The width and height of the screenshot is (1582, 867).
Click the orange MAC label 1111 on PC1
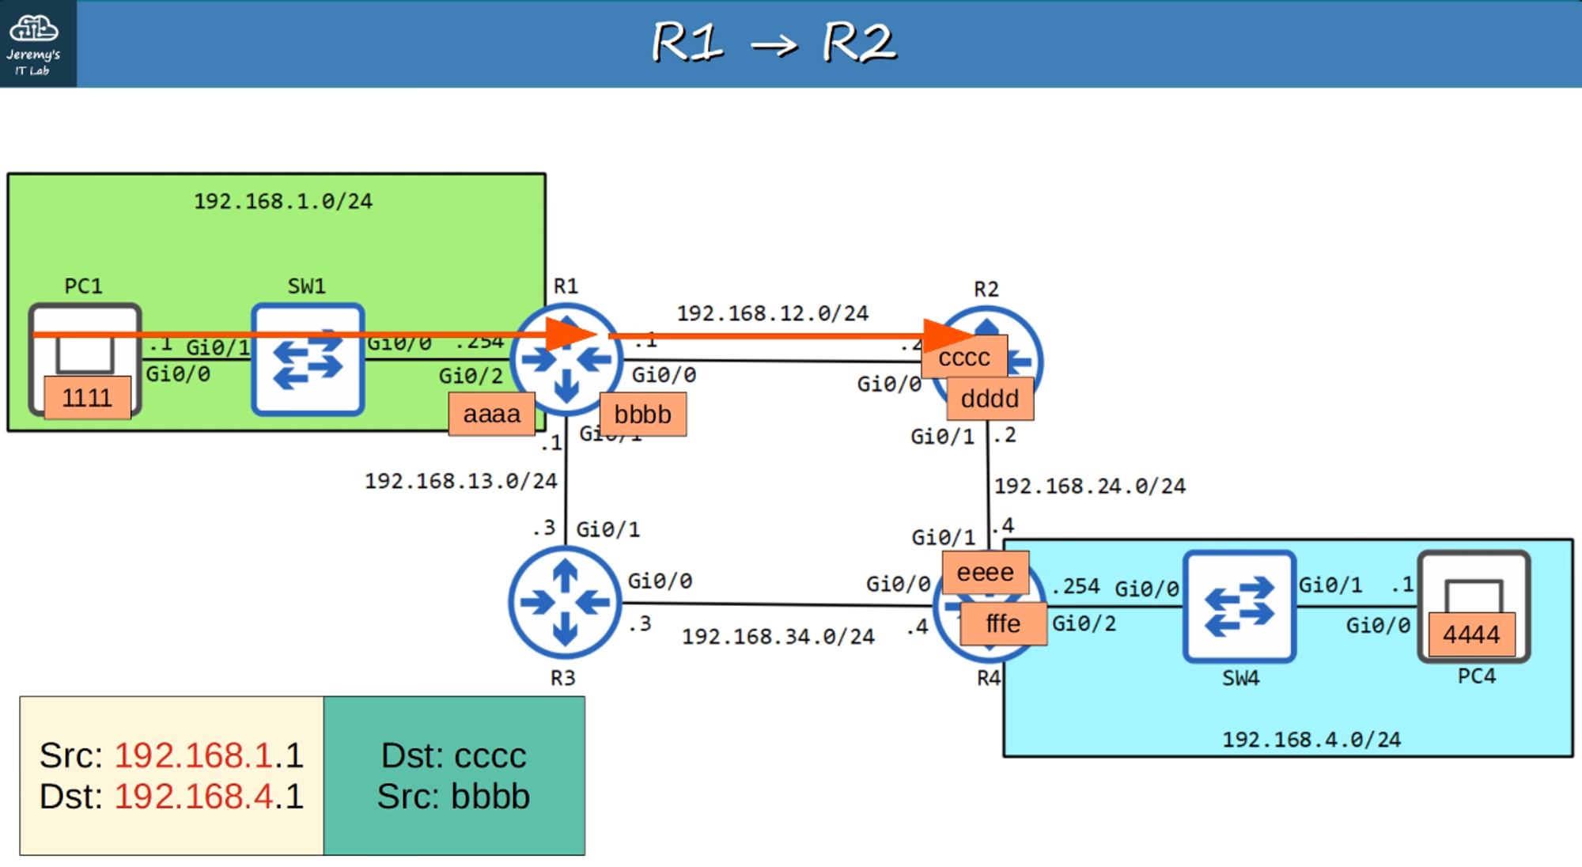coord(87,397)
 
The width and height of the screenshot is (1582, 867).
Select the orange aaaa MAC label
coord(491,414)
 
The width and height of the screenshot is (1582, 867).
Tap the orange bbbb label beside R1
coord(642,415)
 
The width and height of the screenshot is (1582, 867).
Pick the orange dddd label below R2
coord(990,399)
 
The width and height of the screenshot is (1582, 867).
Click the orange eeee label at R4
coord(985,572)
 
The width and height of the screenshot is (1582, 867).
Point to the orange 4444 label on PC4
coord(1470,634)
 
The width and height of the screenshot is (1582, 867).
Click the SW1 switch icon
coord(308,360)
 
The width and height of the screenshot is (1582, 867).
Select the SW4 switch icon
coord(1239,607)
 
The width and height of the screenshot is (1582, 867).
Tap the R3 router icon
coord(565,603)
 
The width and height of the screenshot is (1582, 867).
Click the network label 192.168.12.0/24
coord(772,314)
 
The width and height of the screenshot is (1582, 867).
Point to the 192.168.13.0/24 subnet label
coord(460,481)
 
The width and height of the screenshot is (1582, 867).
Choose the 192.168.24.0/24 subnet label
coord(1089,486)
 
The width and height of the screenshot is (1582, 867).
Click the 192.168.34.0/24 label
coord(778,637)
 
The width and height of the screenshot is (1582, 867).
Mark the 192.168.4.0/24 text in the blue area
coord(1311,740)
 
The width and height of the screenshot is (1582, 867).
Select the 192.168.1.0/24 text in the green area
coord(282,202)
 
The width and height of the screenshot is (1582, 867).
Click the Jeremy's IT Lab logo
coord(34,44)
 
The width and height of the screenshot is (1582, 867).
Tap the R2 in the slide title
coord(859,43)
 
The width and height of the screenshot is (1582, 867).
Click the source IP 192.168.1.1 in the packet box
coord(209,755)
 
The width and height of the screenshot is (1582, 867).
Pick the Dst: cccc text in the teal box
coord(453,755)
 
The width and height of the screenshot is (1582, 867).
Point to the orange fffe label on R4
coord(1003,624)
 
